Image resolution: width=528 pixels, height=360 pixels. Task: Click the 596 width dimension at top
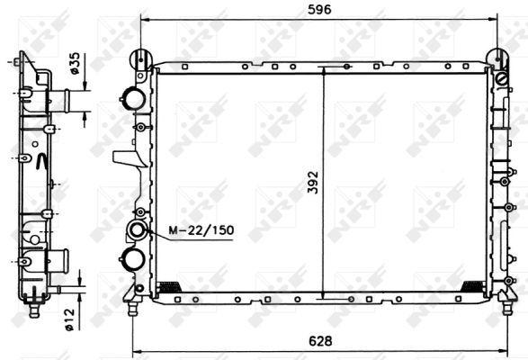click(x=319, y=9)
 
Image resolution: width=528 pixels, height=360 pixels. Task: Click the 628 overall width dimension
click(x=320, y=341)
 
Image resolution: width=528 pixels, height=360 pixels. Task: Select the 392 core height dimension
click(x=313, y=183)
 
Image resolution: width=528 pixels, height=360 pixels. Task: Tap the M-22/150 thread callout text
click(x=201, y=229)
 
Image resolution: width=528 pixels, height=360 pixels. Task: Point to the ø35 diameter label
click(x=75, y=63)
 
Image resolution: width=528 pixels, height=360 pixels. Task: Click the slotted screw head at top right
click(x=501, y=79)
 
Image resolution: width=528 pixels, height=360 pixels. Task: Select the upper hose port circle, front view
click(x=134, y=98)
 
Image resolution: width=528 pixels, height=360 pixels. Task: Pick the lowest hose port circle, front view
click(x=134, y=258)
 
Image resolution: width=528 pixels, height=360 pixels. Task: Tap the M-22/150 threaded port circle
click(x=137, y=229)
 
